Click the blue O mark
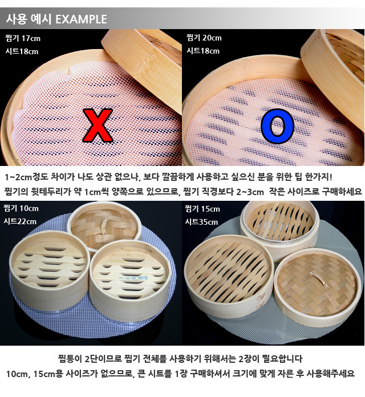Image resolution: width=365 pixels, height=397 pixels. (x=277, y=126)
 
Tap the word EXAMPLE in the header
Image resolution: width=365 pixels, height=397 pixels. (x=81, y=19)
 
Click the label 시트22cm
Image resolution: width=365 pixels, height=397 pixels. (x=21, y=221)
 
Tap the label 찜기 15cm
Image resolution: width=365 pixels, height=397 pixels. (x=202, y=209)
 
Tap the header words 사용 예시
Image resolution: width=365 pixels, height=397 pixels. (x=29, y=19)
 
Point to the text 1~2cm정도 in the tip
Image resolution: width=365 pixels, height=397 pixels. (x=27, y=176)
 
